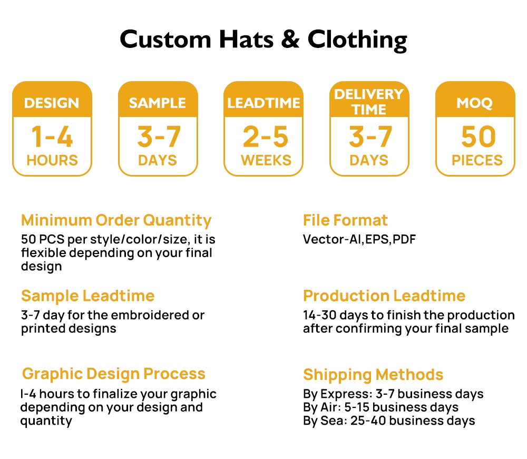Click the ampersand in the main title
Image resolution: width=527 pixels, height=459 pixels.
290,40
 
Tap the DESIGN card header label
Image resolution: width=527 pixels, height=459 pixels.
52,103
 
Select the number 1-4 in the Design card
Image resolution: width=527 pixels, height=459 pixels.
52,136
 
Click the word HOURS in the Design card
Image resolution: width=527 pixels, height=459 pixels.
52,160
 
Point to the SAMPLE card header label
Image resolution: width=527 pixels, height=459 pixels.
157,103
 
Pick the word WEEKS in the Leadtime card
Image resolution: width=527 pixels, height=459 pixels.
266,160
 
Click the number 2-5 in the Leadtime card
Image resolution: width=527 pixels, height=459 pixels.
266,136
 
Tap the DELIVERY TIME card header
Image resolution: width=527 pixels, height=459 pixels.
369,102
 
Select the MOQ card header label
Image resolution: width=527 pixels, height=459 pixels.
475,103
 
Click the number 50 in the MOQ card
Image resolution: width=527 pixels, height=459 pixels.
479,136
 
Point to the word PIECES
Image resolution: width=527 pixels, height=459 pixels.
477,160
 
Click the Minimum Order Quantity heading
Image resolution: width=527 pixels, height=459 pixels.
116,221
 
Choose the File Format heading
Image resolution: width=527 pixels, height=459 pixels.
345,220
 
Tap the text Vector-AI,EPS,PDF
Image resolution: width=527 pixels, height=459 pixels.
359,239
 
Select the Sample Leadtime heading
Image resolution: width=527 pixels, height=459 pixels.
87,296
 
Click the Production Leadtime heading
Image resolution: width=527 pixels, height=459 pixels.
384,296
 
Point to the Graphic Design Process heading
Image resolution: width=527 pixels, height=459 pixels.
114,374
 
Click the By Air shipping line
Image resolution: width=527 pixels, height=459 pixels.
381,407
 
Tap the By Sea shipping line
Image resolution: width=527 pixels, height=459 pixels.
389,421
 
